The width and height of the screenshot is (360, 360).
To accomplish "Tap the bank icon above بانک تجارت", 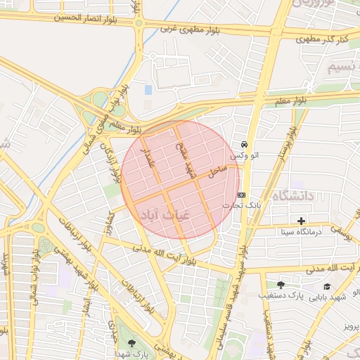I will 242,195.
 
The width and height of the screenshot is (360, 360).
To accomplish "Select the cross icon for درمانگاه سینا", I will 302,221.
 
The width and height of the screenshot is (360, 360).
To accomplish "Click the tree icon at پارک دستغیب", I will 281,285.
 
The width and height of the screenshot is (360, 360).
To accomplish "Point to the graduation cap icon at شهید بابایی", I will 326,286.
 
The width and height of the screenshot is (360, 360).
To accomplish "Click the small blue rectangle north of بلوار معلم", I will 148,90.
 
